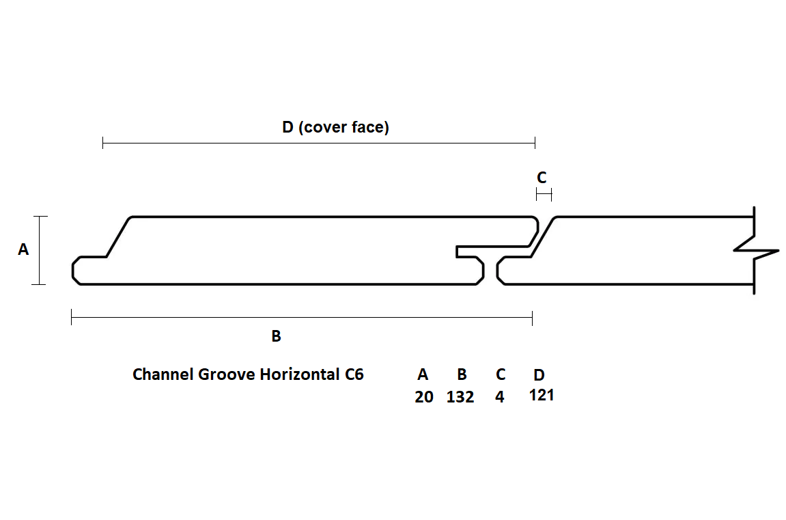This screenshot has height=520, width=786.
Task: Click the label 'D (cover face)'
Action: click(x=335, y=127)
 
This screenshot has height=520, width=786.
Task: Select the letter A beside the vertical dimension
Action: click(x=23, y=250)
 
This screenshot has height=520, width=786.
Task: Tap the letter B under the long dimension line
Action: click(x=276, y=336)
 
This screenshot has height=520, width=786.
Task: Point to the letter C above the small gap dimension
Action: click(x=542, y=178)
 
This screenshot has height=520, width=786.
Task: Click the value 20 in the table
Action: click(x=423, y=397)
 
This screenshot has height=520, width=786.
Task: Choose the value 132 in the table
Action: click(x=460, y=397)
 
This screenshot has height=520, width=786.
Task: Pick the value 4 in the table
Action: click(x=499, y=397)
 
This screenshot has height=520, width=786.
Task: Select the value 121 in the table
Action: click(x=541, y=395)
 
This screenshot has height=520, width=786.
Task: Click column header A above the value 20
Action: click(x=423, y=374)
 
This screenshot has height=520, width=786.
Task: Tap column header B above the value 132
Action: click(x=462, y=374)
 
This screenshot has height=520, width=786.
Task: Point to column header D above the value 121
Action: click(x=539, y=374)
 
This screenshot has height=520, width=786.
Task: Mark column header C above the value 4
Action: click(x=501, y=374)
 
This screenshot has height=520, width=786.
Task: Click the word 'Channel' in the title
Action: click(x=163, y=374)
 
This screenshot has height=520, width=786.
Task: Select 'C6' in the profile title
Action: click(x=354, y=374)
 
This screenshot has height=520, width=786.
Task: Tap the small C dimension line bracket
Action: click(x=544, y=195)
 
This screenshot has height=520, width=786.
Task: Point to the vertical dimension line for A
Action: click(x=40, y=250)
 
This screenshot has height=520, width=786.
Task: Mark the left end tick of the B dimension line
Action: click(x=72, y=317)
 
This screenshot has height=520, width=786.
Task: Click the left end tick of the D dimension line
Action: click(x=103, y=142)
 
